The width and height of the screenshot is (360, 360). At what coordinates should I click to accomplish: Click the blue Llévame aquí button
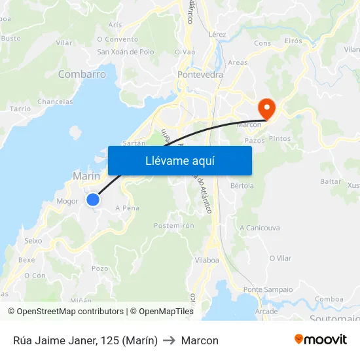pyautogui.click(x=179, y=160)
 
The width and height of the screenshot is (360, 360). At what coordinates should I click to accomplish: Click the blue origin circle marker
pyautogui.click(x=93, y=200)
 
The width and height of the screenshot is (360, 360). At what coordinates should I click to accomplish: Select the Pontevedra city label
pyautogui.click(x=200, y=75)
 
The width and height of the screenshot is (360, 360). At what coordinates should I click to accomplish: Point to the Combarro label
pyautogui.click(x=82, y=75)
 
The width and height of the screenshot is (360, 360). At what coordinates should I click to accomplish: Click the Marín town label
pyautogui.click(x=86, y=176)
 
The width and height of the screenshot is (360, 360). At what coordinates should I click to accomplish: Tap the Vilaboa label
pyautogui.click(x=207, y=260)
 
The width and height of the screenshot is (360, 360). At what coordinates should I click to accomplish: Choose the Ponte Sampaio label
pyautogui.click(x=268, y=289)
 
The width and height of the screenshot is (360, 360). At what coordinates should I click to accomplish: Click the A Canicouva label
pyautogui.click(x=260, y=228)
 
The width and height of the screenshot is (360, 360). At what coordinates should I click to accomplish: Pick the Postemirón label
pyautogui.click(x=174, y=225)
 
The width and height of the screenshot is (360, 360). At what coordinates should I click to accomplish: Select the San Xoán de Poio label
pyautogui.click(x=125, y=52)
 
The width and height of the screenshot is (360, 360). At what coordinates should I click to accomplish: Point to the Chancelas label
pyautogui.click(x=55, y=101)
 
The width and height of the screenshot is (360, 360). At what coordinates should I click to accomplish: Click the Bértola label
pyautogui.click(x=242, y=185)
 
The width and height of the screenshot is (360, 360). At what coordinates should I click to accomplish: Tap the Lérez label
pyautogui.click(x=217, y=34)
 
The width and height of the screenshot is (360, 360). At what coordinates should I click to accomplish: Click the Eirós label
pyautogui.click(x=294, y=41)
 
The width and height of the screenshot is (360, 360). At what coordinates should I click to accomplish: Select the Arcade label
pyautogui.click(x=266, y=311)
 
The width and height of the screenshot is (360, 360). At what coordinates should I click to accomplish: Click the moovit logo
pyautogui.click(x=321, y=340)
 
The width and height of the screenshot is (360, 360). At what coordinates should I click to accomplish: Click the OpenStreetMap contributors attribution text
pyautogui.click(x=70, y=312)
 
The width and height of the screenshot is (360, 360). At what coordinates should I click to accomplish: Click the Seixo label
pyautogui.click(x=33, y=241)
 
